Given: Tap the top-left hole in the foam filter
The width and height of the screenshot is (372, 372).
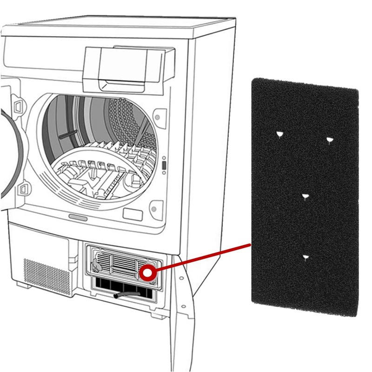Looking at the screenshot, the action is tap(279, 135).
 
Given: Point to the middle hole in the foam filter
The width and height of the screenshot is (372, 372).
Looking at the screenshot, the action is tap(305, 197).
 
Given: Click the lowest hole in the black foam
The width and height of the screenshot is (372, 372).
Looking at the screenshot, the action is tap(305, 257).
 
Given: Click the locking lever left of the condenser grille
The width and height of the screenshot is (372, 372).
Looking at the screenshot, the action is tap(96, 266).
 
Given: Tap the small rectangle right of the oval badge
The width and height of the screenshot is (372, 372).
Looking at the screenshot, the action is tap(133, 214).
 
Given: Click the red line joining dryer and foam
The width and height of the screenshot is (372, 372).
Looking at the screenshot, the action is tap(200, 258).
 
